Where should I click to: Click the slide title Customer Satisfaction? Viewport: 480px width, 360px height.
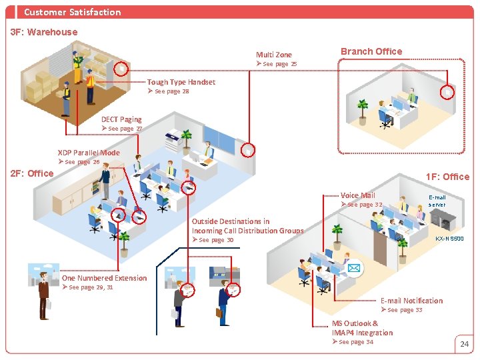pyautogui.click(x=72, y=12)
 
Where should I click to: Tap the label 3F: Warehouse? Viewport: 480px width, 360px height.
pyautogui.click(x=44, y=32)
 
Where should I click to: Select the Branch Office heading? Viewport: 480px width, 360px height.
pyautogui.click(x=371, y=51)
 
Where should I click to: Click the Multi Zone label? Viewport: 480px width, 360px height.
pyautogui.click(x=274, y=55)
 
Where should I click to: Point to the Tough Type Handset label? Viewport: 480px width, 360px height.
pyautogui.click(x=181, y=82)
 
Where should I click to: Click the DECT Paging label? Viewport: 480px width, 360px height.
pyautogui.click(x=121, y=119)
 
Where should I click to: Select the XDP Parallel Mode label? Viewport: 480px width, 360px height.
pyautogui.click(x=89, y=153)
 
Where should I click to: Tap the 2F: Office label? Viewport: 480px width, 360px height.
pyautogui.click(x=32, y=173)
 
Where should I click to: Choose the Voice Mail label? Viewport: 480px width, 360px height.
pyautogui.click(x=358, y=195)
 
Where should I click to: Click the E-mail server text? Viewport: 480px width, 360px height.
pyautogui.click(x=437, y=201)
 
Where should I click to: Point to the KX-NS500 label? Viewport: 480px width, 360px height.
pyautogui.click(x=449, y=239)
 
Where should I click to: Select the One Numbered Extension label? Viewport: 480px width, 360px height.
pyautogui.click(x=104, y=278)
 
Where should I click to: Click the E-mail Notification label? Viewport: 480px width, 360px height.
pyautogui.click(x=411, y=301)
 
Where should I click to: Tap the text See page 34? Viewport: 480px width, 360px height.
pyautogui.click(x=356, y=342)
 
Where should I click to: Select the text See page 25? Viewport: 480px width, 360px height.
pyautogui.click(x=280, y=64)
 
